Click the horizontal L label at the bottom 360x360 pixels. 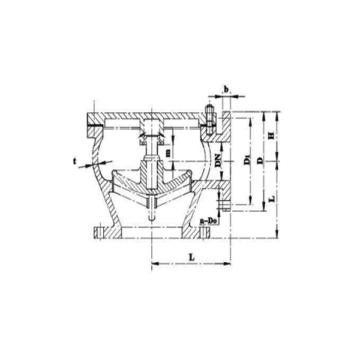tap(191, 256)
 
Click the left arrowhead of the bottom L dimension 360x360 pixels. tap(154, 262)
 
